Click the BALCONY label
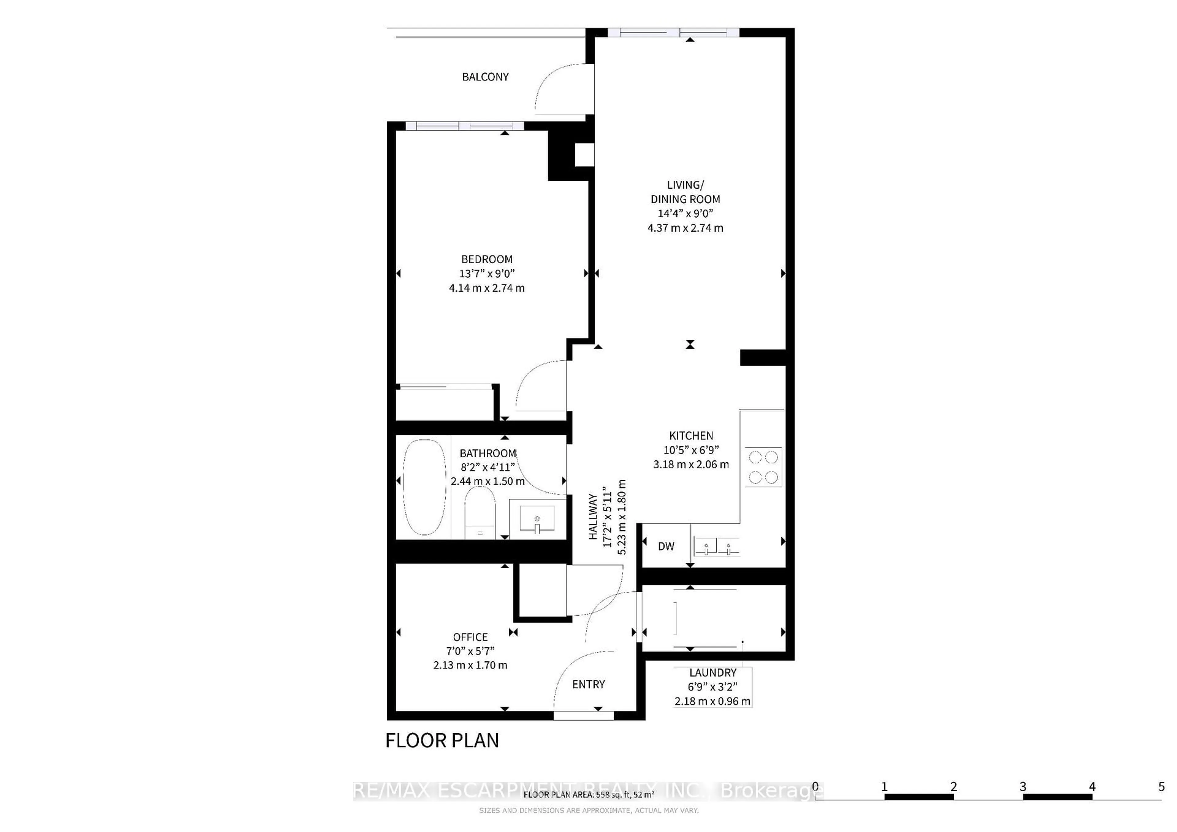pyautogui.click(x=485, y=77)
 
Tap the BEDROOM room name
pyautogui.click(x=486, y=259)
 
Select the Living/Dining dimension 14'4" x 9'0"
pyautogui.click(x=685, y=214)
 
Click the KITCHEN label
pyautogui.click(x=691, y=436)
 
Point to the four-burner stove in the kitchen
pyautogui.click(x=763, y=467)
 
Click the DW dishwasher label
pyautogui.click(x=666, y=546)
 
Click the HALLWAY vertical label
pyautogui.click(x=593, y=516)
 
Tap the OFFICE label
pyautogui.click(x=470, y=637)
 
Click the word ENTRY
pyautogui.click(x=588, y=684)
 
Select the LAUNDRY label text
pyautogui.click(x=713, y=673)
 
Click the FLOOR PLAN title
pyautogui.click(x=442, y=740)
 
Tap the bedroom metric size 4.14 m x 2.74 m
pyautogui.click(x=486, y=288)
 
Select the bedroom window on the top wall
pyautogui.click(x=464, y=126)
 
